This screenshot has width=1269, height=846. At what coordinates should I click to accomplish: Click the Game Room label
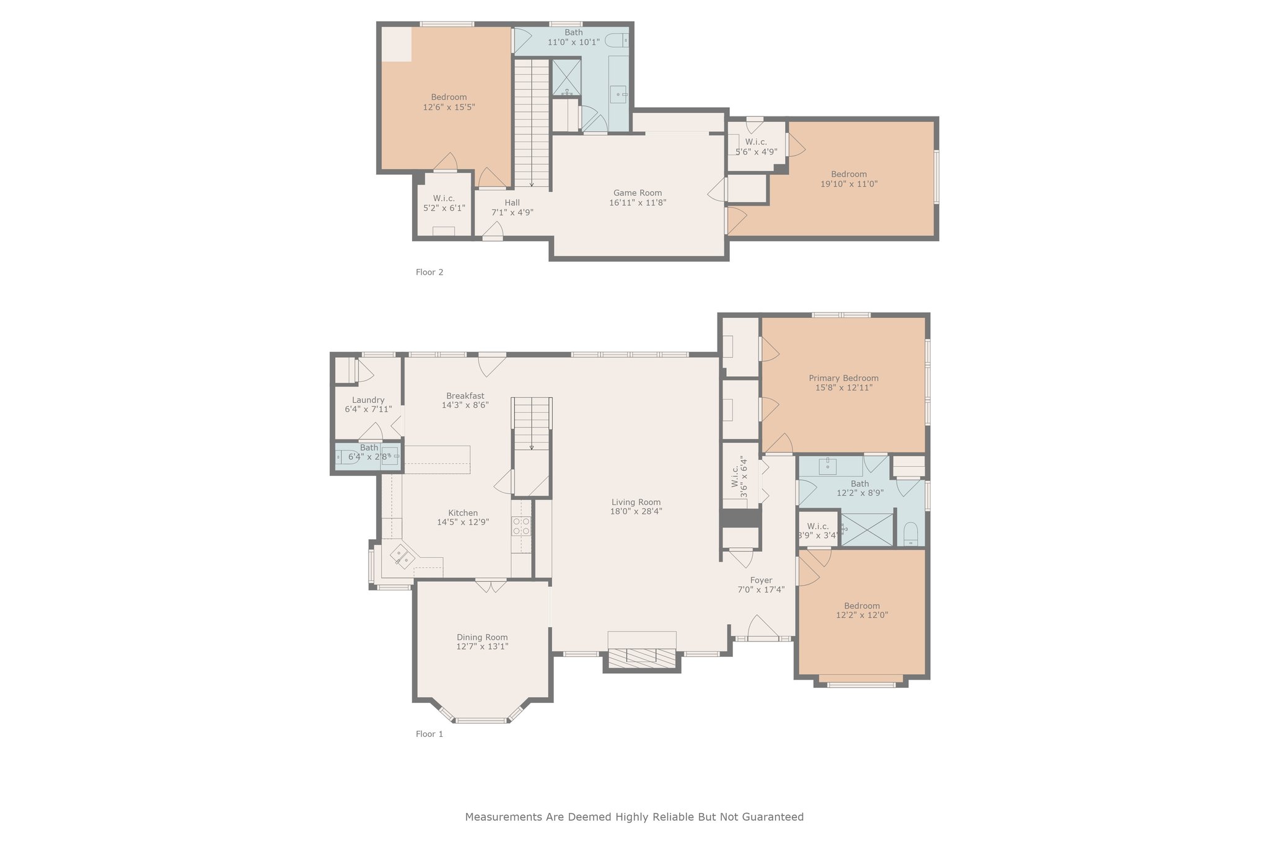(x=638, y=193)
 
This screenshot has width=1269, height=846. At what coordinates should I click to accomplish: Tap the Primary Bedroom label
(x=843, y=378)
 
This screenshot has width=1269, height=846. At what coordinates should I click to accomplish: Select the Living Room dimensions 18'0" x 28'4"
(x=636, y=512)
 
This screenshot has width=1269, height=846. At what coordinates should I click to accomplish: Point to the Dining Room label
(x=482, y=637)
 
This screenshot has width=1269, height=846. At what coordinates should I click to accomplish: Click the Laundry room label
(x=368, y=400)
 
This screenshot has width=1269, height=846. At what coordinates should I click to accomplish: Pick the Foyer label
(x=761, y=581)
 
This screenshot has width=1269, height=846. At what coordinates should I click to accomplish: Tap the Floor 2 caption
(x=429, y=272)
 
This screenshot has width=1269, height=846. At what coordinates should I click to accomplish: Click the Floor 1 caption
(x=429, y=734)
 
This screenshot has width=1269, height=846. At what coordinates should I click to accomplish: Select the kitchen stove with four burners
(x=521, y=526)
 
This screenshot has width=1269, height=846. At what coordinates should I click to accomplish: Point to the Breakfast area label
(x=465, y=396)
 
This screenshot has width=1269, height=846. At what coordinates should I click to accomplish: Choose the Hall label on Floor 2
(x=512, y=203)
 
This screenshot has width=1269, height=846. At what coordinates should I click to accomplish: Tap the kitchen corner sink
(x=402, y=556)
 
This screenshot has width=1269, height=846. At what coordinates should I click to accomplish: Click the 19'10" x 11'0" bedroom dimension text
(x=849, y=184)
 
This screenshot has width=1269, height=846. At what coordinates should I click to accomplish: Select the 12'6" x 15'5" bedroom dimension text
(x=449, y=107)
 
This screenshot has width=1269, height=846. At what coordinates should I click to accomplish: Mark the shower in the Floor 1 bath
(x=867, y=529)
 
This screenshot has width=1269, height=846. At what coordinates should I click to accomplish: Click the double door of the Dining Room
(x=491, y=585)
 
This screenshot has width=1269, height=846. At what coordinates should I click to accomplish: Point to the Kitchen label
(x=463, y=513)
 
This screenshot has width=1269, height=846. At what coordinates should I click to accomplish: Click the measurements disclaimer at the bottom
(x=634, y=817)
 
